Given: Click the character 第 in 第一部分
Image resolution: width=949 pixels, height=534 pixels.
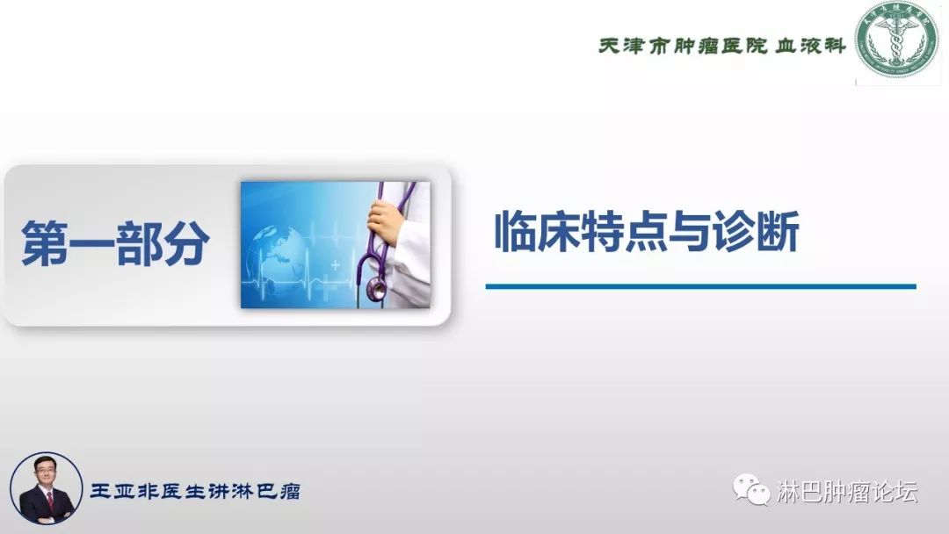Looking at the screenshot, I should click(45, 243).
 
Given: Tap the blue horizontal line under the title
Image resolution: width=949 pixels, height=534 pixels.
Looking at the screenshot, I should click(700, 286).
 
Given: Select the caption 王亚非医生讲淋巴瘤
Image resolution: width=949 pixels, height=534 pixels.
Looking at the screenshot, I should click(195, 491).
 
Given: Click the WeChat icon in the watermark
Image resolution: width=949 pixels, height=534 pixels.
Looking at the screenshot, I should click(752, 491).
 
